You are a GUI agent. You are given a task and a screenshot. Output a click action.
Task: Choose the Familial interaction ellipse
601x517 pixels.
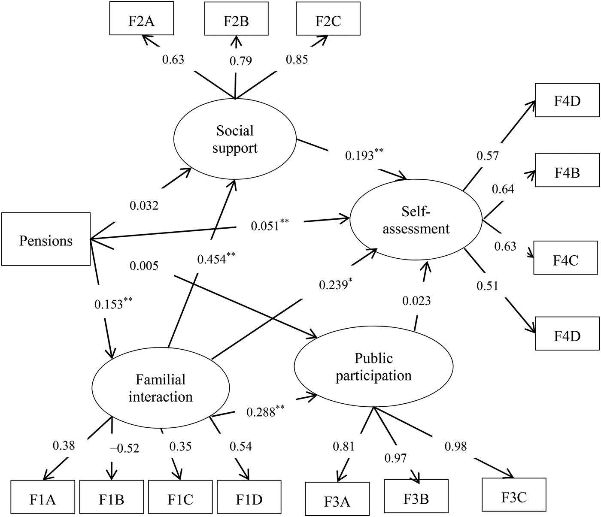coord(161,388)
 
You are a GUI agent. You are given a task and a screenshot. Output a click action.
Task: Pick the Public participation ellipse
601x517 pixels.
coord(373,367)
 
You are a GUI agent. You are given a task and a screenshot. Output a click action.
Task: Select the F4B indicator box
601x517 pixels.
coord(567,172)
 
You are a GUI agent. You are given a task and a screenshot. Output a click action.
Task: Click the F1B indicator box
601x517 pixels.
coord(112,499)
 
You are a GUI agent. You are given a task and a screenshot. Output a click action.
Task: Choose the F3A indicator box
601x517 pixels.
coord(337,501)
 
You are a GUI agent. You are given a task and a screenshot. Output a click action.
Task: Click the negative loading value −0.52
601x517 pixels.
coord(124,448)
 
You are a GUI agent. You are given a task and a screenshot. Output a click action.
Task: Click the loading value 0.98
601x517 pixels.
coord(455,446)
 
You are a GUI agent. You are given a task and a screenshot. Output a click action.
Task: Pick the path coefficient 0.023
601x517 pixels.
coord(416,301)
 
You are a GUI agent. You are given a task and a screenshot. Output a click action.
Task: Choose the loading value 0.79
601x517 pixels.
coord(240,60)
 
